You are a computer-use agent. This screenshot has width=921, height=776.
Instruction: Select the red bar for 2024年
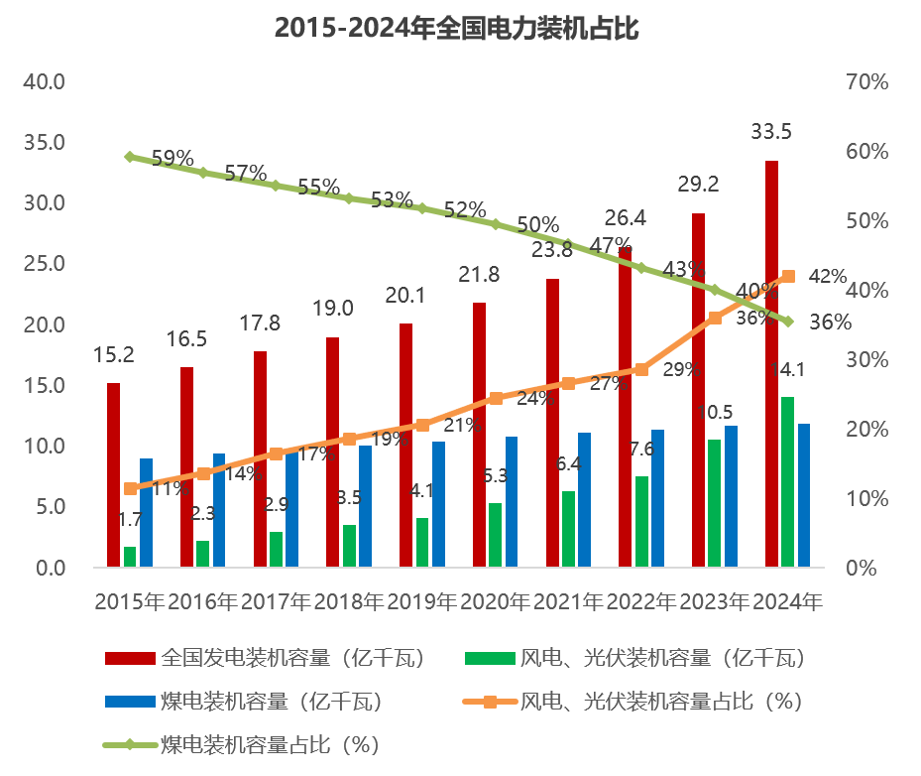(771, 363)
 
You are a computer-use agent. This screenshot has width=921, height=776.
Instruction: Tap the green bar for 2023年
(714, 502)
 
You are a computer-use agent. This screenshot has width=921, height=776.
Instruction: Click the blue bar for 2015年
(146, 512)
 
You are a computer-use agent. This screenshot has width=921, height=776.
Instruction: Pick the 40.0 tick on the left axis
(45, 81)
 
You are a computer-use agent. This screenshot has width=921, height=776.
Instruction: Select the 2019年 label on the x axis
(422, 601)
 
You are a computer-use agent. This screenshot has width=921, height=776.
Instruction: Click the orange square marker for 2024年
(788, 277)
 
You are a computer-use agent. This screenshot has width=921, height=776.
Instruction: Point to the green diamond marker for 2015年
(130, 157)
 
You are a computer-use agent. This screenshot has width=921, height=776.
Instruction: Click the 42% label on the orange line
(828, 277)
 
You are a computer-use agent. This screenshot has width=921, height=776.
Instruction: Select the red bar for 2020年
(479, 435)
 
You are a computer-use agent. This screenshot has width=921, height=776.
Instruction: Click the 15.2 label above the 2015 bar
(114, 354)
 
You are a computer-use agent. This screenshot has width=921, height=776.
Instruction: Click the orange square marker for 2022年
(641, 369)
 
